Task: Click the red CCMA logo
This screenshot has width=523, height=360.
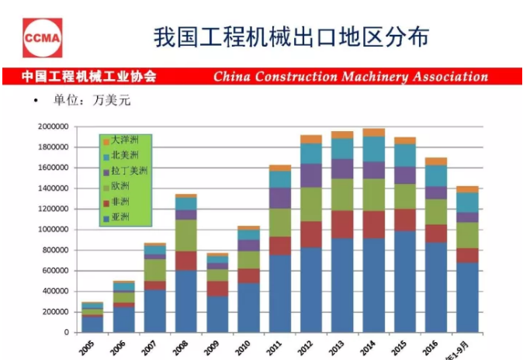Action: click(x=41, y=36)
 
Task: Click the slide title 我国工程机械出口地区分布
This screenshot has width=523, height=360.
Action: click(x=290, y=37)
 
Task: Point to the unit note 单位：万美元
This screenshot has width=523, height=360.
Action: click(x=86, y=101)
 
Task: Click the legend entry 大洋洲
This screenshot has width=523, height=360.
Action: click(x=123, y=141)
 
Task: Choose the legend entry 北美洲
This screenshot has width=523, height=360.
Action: click(x=123, y=155)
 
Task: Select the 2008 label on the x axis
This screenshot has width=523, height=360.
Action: click(x=182, y=346)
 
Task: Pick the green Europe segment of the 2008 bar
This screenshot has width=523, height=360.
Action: click(x=185, y=235)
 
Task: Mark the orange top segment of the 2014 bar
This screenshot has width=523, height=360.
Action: click(x=373, y=133)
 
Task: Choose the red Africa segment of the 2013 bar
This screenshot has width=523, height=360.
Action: click(x=342, y=224)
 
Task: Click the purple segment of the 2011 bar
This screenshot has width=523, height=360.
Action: click(x=279, y=198)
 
